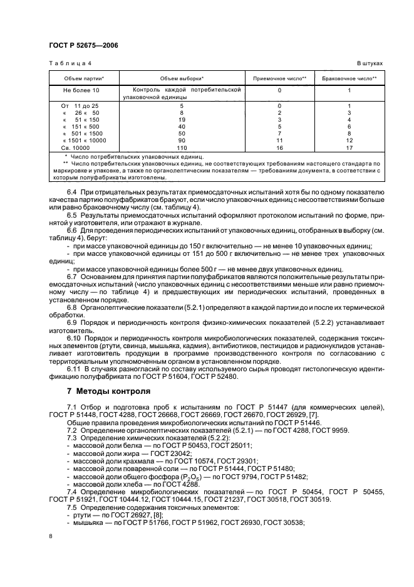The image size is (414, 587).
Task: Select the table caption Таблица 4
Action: [70, 64]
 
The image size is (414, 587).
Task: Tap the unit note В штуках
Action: [369, 64]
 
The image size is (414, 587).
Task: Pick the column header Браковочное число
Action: [349, 78]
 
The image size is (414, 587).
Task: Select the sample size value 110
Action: [182, 147]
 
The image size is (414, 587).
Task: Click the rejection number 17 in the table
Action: [349, 147]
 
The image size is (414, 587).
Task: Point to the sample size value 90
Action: [182, 140]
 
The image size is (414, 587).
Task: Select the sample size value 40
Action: [182, 126]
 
